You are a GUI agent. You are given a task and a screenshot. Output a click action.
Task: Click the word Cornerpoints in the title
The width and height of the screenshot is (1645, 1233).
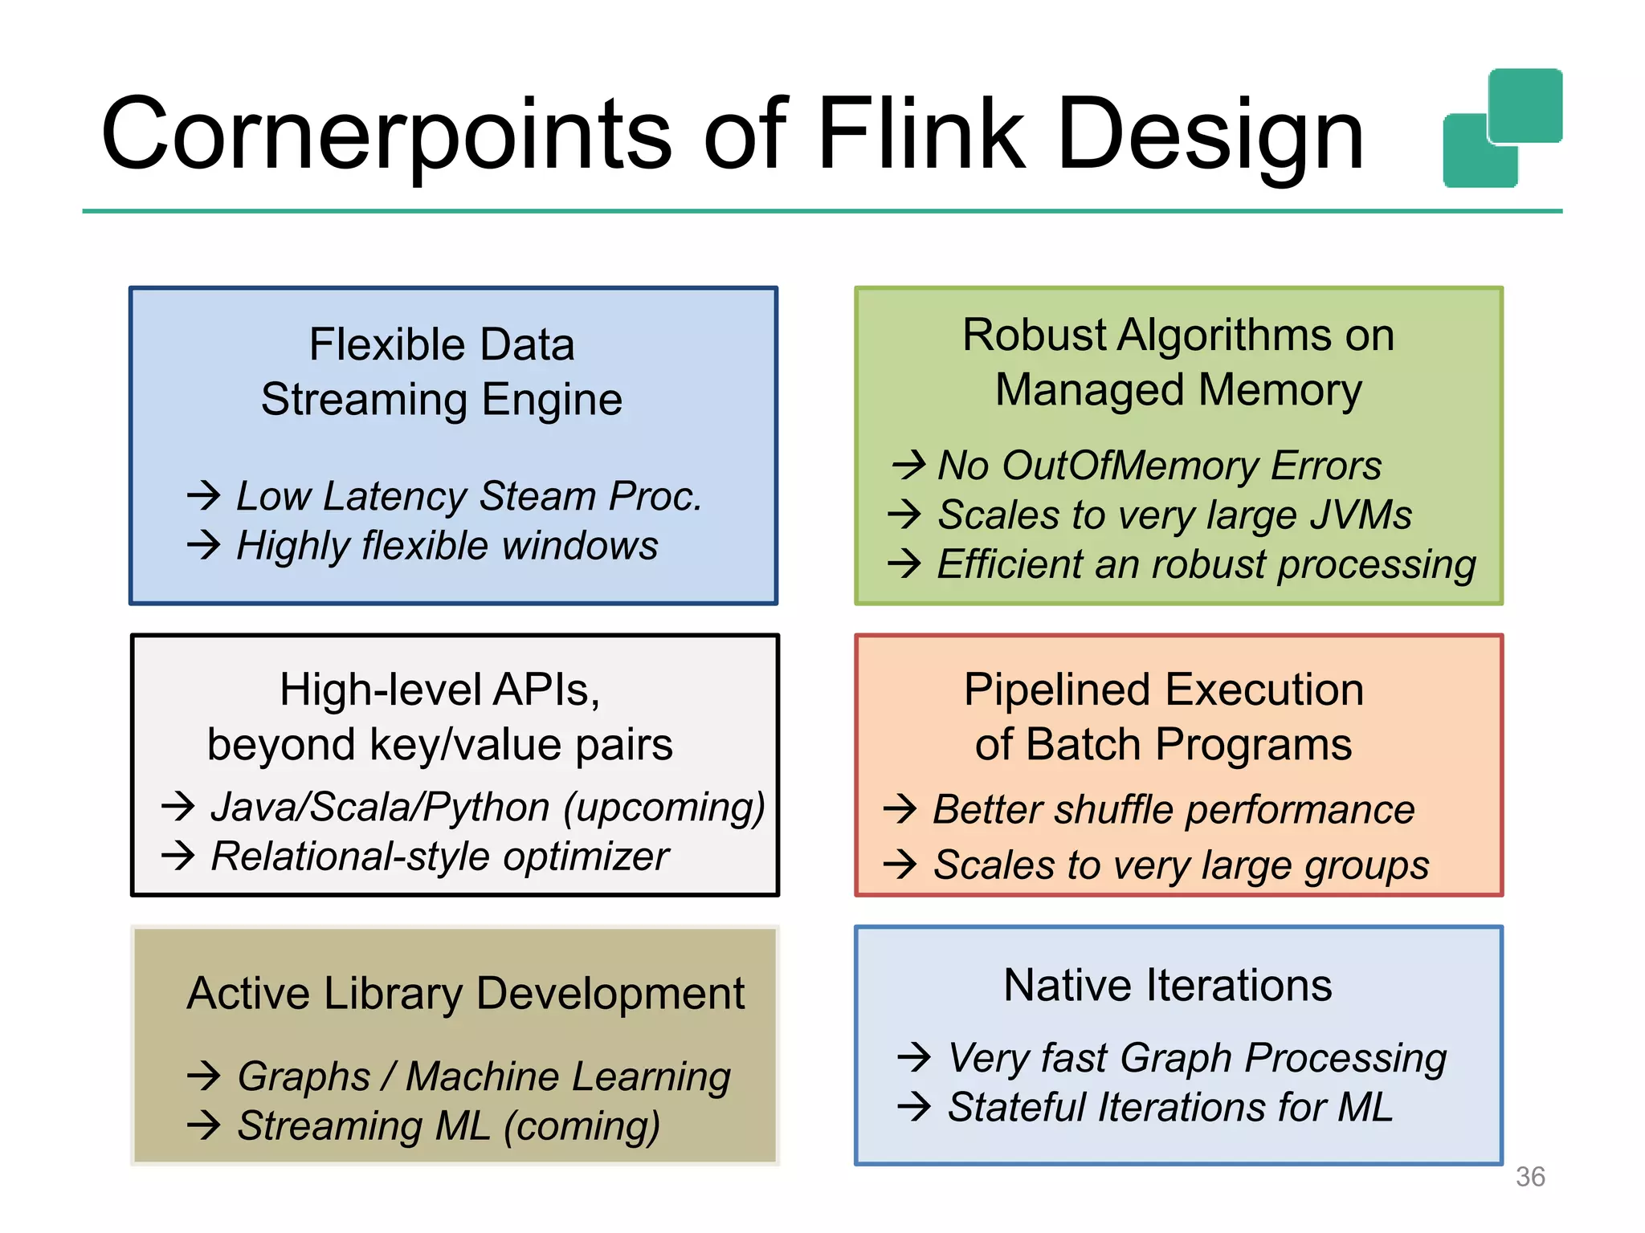pyautogui.click(x=386, y=135)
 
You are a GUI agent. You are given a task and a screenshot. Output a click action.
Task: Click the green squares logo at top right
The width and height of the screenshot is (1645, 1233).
pyautogui.click(x=1502, y=128)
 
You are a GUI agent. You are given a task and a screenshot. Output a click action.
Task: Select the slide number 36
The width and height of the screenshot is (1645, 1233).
pyautogui.click(x=1529, y=1177)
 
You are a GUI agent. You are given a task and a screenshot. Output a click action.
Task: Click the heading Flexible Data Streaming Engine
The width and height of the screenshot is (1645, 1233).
pyautogui.click(x=442, y=372)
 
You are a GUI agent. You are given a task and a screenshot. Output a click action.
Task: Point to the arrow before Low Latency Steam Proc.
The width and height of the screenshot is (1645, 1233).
pyautogui.click(x=203, y=495)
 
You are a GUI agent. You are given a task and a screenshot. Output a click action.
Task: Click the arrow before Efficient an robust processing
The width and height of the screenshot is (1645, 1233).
pyautogui.click(x=904, y=564)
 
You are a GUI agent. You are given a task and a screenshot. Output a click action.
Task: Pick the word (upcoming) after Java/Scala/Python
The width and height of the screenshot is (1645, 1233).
pyautogui.click(x=663, y=808)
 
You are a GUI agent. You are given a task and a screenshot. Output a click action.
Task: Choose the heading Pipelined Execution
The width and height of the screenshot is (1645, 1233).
pyautogui.click(x=1163, y=690)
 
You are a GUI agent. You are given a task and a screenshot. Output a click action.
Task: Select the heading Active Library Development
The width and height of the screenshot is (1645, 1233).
pyautogui.click(x=466, y=994)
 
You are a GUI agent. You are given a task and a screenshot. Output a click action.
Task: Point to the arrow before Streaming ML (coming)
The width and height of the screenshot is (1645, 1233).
pyautogui.click(x=203, y=1125)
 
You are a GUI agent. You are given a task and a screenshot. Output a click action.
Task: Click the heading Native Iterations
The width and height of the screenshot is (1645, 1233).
pyautogui.click(x=1167, y=985)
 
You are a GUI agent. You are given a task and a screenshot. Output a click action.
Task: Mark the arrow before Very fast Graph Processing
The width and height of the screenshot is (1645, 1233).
pyautogui.click(x=914, y=1057)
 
